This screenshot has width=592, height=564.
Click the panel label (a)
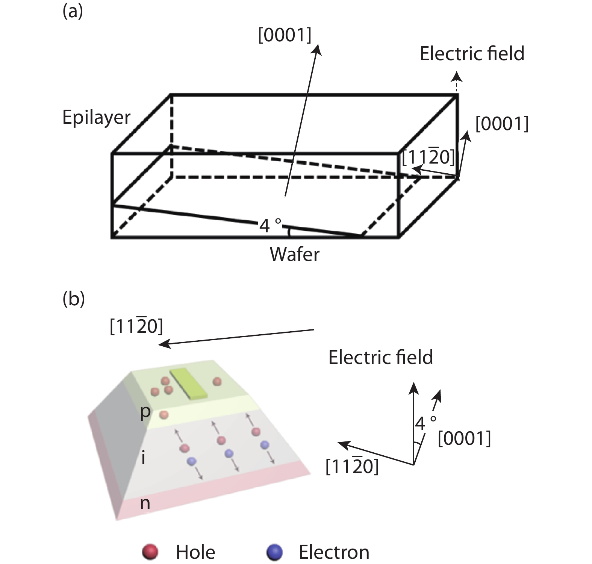point(73,12)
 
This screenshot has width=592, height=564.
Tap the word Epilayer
point(96,117)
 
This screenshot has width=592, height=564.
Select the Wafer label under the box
point(295,255)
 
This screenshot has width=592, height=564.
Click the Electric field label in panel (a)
point(472,54)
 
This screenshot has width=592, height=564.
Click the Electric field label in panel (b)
point(380,357)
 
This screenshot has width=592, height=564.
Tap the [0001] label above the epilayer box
point(285,36)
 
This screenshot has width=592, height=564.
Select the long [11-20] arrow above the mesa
point(237,337)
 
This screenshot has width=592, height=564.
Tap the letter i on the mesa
point(143,458)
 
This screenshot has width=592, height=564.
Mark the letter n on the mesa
point(145,503)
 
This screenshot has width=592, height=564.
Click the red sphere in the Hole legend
point(150,552)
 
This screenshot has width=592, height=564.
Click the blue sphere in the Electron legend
point(274,552)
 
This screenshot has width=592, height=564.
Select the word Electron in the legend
point(334,552)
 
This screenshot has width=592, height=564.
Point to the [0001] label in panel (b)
point(465,439)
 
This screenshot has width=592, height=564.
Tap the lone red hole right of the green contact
point(217,382)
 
